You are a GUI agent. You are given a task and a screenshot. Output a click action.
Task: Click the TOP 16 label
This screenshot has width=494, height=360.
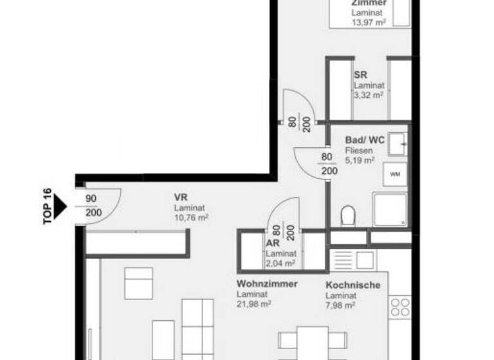pos(47,206)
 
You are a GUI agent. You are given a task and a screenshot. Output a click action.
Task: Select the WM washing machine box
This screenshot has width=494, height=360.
pos(394,174)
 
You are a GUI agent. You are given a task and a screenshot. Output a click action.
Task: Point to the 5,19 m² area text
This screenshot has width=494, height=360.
pos(360,161)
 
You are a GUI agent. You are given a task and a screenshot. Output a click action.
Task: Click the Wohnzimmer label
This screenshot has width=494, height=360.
pos(267,284)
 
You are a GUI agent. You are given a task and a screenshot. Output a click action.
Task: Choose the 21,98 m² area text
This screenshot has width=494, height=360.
pos(253,304)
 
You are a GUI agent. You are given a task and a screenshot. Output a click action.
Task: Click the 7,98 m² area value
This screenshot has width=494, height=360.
pos(341,305)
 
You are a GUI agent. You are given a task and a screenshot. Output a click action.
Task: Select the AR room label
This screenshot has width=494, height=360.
pos(272,244)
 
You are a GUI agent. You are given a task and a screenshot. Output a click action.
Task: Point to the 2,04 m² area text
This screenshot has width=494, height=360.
pos(280,262)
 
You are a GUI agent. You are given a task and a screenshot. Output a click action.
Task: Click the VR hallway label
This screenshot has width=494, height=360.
pos(180,197)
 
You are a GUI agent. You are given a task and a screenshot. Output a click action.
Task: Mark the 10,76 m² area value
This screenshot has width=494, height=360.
pos(191,218)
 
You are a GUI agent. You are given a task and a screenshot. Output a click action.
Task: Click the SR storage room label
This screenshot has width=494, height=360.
pos(360,75)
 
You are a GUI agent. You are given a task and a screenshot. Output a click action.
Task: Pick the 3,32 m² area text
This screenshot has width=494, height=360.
pos(368,94)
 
